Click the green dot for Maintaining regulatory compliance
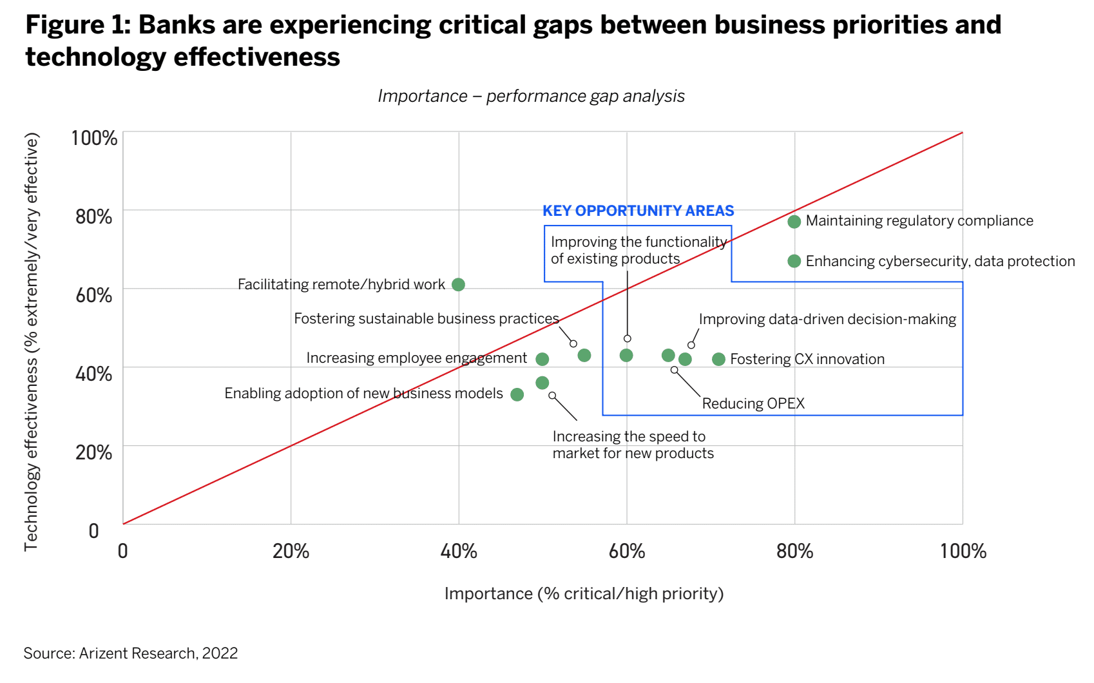[794, 222]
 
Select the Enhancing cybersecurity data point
[794, 261]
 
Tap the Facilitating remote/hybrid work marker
[458, 285]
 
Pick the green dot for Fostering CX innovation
[718, 360]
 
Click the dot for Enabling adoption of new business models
[517, 394]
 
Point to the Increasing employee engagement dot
[542, 359]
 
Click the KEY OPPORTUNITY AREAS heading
[638, 211]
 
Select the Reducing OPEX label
[753, 403]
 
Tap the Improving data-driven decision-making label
[827, 320]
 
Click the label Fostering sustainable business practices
[426, 319]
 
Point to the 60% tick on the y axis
[94, 295]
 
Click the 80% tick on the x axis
[794, 551]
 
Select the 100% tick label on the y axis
[94, 138]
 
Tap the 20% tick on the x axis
[291, 551]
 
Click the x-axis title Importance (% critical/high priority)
[584, 593]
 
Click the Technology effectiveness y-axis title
[31, 341]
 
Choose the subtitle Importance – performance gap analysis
[531, 96]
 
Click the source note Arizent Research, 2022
[131, 653]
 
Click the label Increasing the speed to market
[632, 445]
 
